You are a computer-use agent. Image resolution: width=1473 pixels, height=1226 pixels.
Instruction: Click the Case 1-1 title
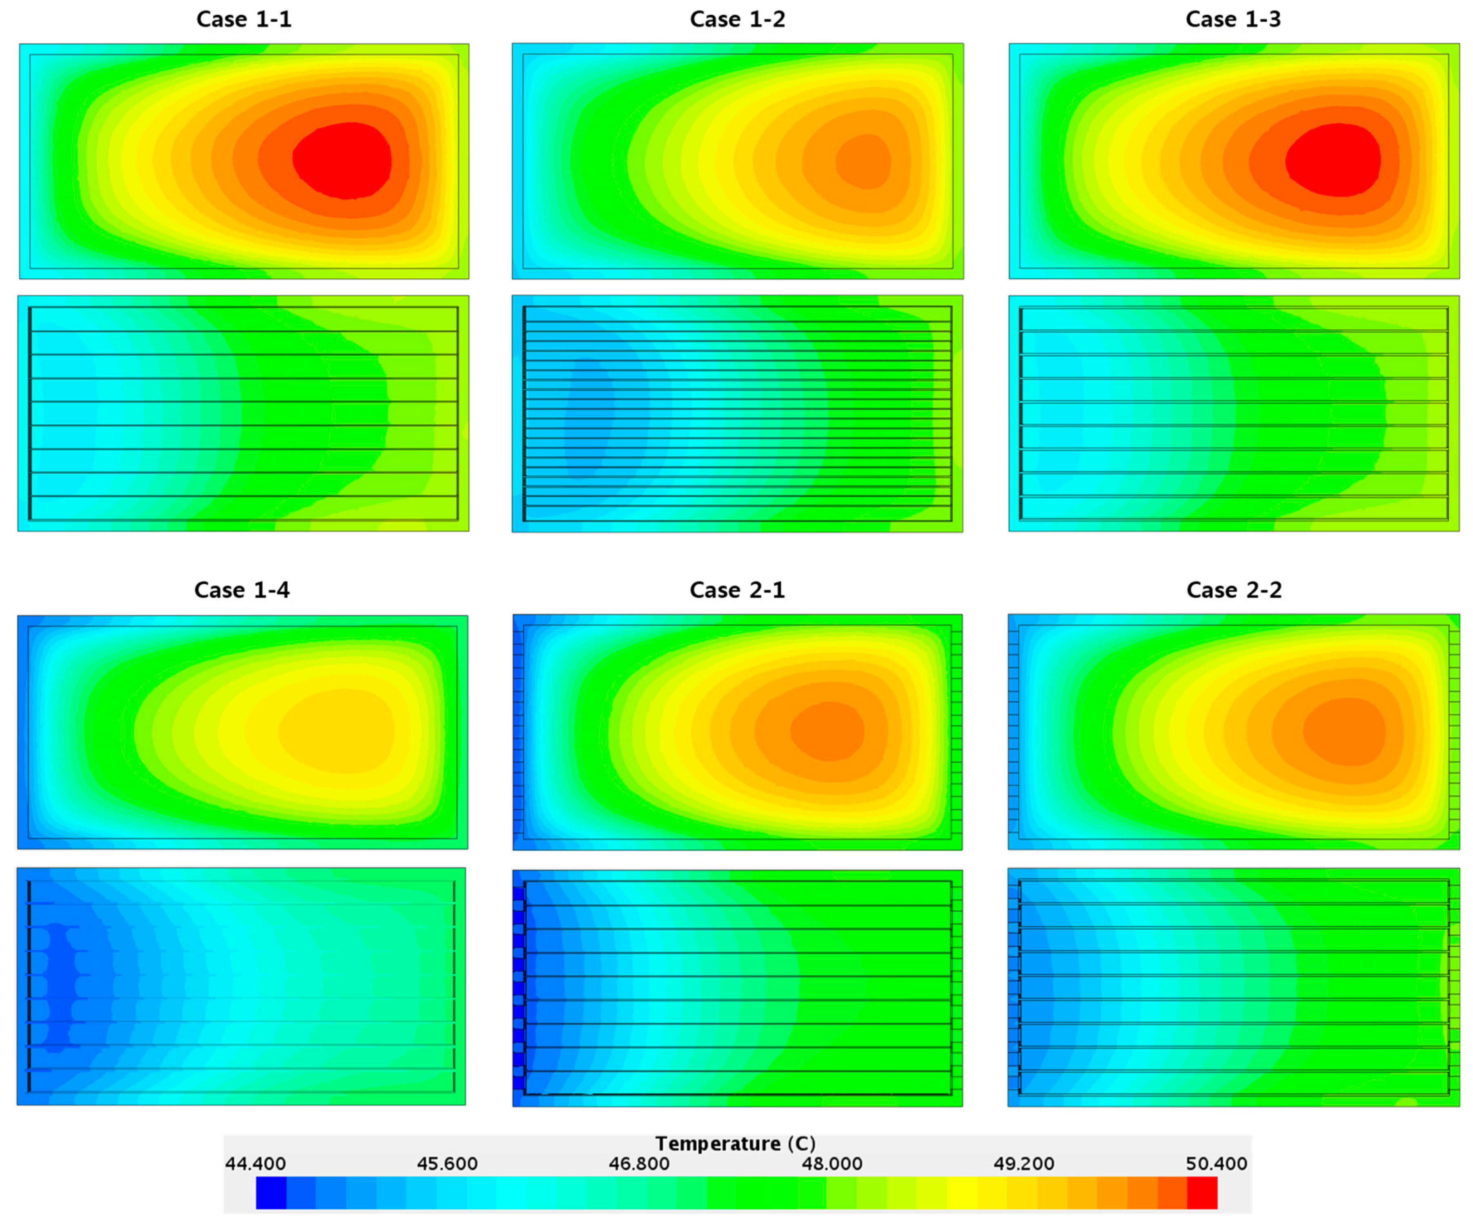pos(243,19)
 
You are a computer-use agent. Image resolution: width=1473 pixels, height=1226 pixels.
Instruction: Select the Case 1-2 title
pos(737,19)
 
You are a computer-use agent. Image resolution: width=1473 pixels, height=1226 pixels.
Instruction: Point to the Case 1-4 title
pos(241,590)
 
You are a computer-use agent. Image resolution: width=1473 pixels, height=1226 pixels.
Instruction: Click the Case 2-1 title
pos(737,590)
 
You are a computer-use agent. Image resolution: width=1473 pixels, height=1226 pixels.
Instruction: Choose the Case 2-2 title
pos(1234,590)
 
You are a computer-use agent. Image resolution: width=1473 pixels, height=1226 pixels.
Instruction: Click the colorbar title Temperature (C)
pos(735,1143)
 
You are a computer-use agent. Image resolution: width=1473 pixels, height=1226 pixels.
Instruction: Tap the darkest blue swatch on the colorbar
pos(271,1193)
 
